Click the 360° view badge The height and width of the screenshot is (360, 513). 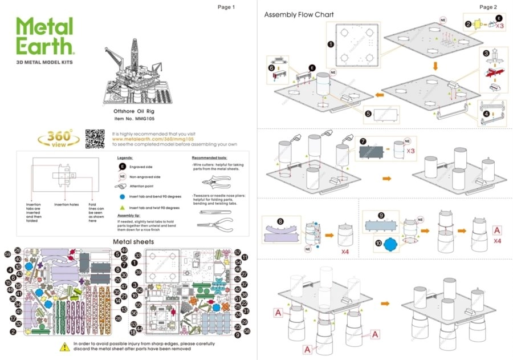(55, 139)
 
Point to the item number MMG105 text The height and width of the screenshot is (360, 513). (134, 118)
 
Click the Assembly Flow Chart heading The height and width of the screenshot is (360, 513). (299, 14)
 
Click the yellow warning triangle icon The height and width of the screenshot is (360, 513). (64, 347)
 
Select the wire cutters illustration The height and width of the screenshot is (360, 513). (219, 182)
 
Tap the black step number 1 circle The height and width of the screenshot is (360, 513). (330, 43)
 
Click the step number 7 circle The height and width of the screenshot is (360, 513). (363, 140)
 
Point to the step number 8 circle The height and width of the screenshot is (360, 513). (280, 221)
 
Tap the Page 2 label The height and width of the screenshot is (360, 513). (488, 7)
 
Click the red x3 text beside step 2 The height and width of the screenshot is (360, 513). (499, 26)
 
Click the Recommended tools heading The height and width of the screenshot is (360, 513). (209, 157)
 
